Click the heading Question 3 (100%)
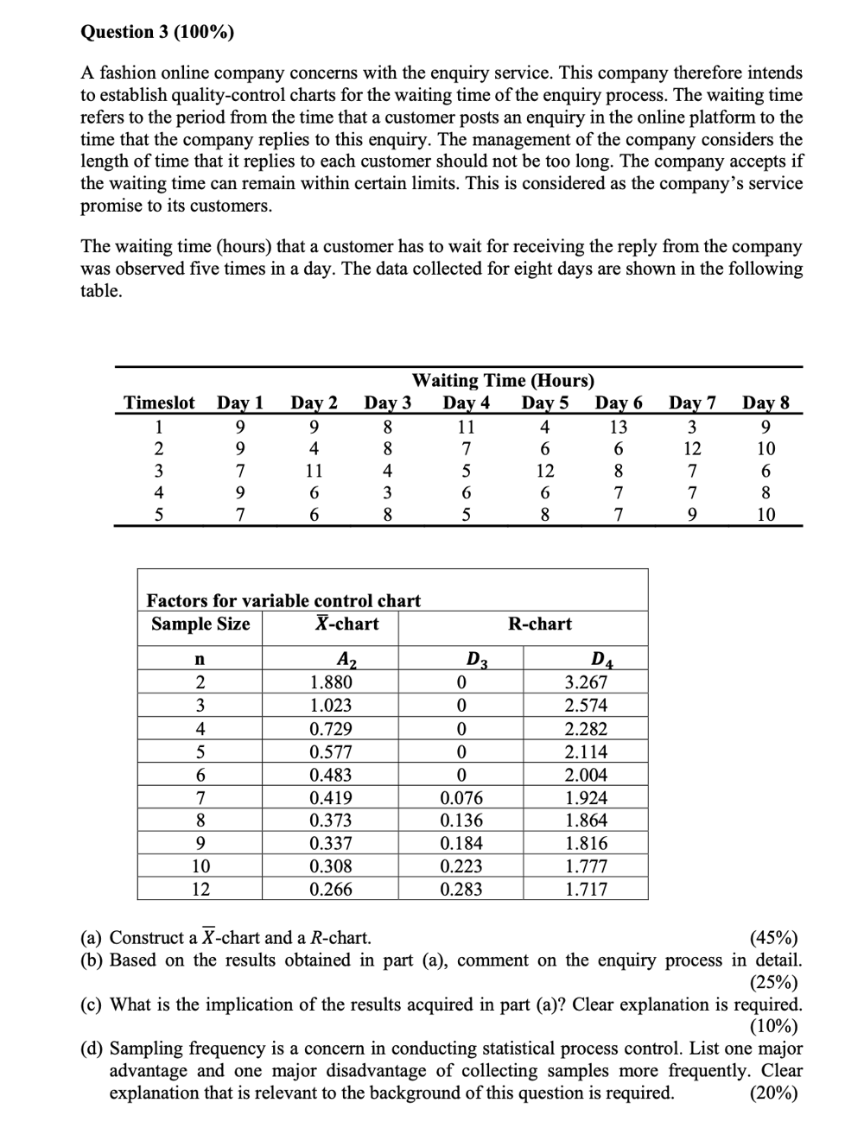tap(156, 32)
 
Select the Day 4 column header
tap(466, 403)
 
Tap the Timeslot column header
tap(159, 403)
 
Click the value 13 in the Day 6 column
tap(618, 427)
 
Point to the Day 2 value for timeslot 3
tap(314, 471)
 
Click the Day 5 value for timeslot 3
tap(544, 471)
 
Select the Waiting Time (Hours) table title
tap(503, 381)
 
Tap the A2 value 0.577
tap(331, 751)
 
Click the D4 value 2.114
tap(586, 751)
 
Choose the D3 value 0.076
tap(461, 798)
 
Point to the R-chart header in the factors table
tap(540, 624)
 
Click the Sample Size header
tap(200, 624)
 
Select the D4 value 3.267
tap(586, 682)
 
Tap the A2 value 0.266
tap(331, 890)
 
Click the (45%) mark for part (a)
tap(774, 938)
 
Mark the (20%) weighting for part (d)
tap(774, 1093)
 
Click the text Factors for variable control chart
tap(283, 600)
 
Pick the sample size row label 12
tap(200, 890)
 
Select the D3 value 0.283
tap(461, 890)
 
